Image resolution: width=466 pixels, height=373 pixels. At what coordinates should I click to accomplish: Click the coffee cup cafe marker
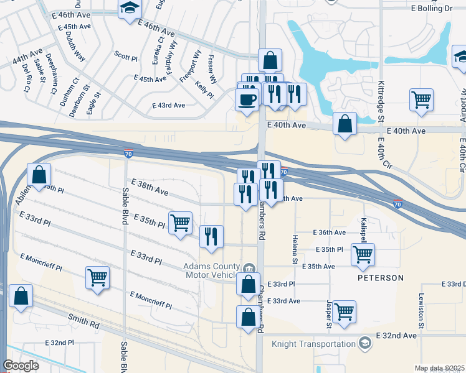[247, 99]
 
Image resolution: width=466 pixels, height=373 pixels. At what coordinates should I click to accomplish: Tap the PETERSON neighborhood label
[381, 278]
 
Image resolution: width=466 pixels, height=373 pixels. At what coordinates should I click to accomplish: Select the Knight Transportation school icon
[365, 343]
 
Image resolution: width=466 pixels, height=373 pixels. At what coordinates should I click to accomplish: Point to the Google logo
[21, 366]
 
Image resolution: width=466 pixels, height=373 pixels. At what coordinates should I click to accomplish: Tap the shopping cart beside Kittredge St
[422, 99]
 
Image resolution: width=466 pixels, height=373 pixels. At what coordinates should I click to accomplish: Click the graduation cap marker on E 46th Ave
[130, 9]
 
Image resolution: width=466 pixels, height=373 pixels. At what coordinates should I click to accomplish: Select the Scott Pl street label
[126, 56]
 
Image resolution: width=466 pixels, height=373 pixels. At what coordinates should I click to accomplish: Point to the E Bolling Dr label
[431, 9]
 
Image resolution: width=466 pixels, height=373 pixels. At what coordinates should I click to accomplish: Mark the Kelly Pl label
[204, 89]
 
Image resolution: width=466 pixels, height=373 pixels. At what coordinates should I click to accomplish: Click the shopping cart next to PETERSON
[363, 254]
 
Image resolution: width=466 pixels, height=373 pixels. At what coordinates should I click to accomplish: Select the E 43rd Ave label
[169, 106]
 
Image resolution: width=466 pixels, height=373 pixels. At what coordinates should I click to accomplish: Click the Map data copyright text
[439, 368]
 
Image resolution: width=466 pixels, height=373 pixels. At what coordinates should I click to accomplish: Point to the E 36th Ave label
[331, 233]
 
